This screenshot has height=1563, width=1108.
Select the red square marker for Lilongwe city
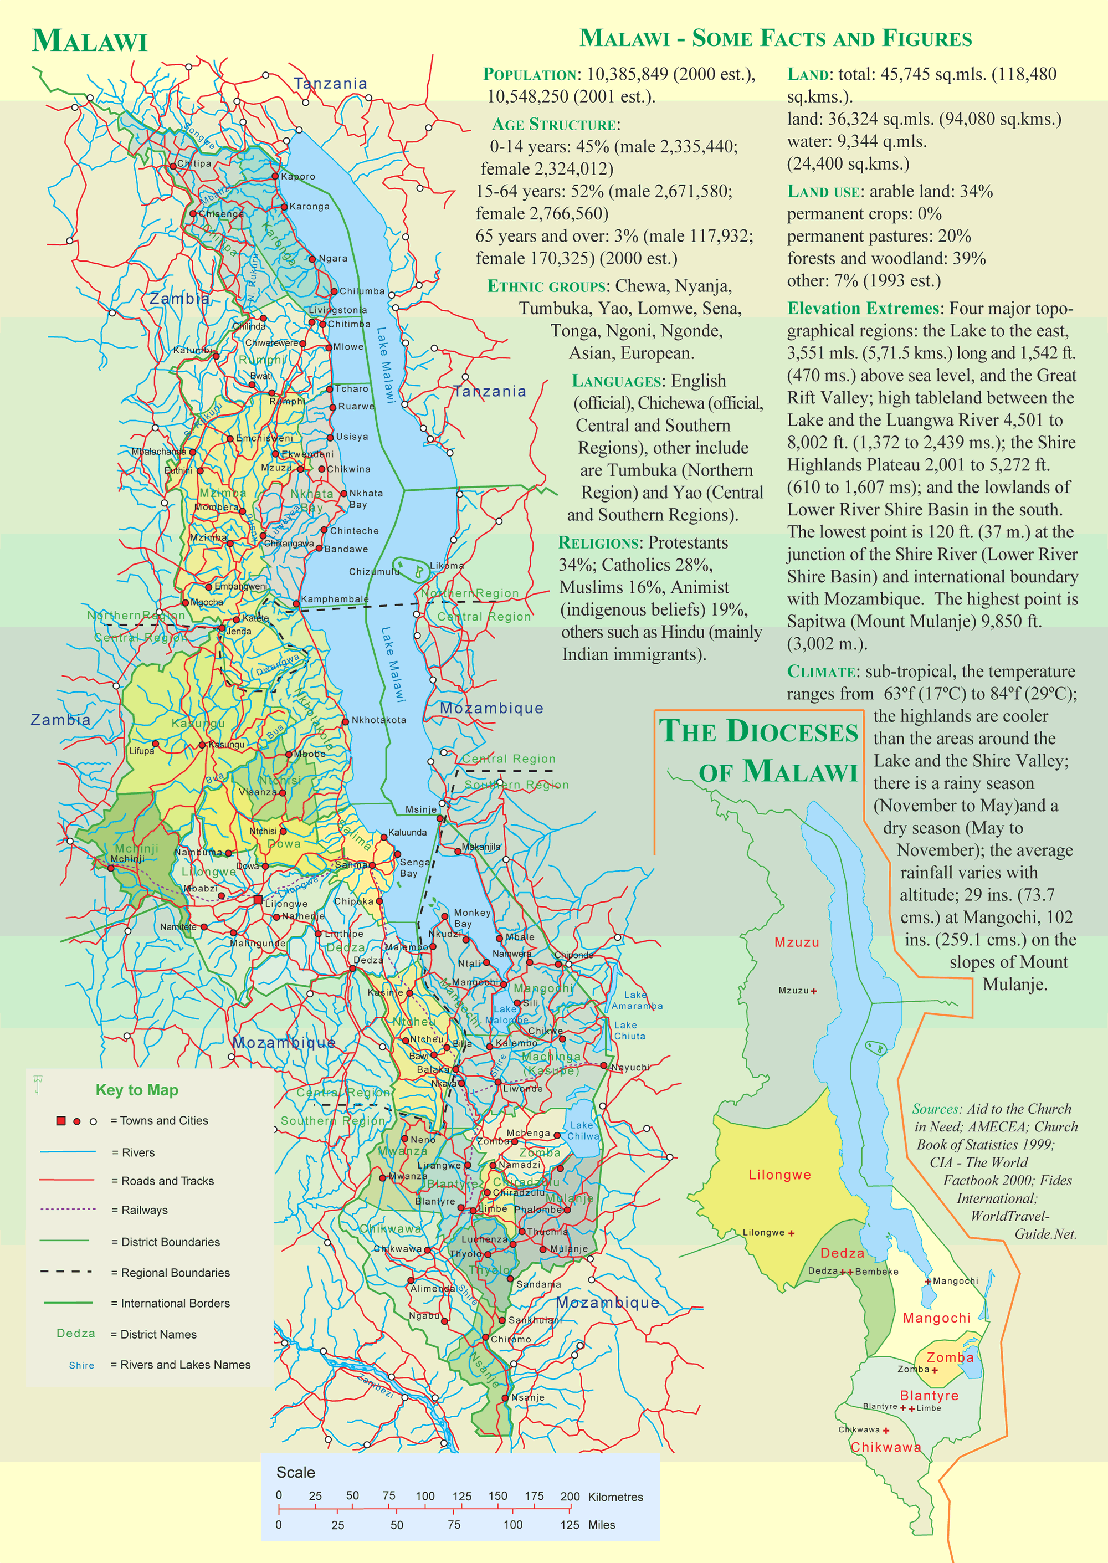click(258, 900)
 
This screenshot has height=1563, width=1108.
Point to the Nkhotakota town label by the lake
click(378, 720)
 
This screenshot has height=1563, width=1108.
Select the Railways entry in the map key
click(144, 1210)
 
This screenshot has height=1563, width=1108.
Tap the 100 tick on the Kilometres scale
click(424, 1495)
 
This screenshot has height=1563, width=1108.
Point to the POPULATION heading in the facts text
click(530, 74)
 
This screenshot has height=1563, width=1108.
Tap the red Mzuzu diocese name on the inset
click(796, 942)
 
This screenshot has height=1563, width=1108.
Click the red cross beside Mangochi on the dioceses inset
click(927, 1281)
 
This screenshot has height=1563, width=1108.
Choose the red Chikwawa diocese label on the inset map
click(885, 1447)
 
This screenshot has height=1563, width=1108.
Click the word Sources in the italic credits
click(936, 1109)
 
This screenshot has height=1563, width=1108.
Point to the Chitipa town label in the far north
click(194, 164)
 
